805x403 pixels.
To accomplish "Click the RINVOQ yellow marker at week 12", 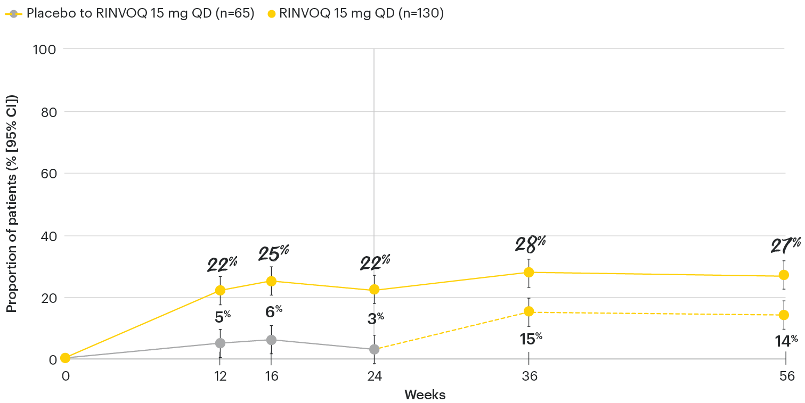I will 219,291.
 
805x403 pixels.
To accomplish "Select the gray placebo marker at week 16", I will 271,340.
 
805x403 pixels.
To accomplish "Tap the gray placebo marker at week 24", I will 374,349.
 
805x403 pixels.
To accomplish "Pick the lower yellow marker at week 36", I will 528,311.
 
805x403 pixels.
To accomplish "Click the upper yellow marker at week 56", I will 784,275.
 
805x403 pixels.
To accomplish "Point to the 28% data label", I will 530,243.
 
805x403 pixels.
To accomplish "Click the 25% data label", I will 273,253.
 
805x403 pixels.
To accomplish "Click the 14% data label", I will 786,341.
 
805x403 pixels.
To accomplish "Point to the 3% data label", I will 376,318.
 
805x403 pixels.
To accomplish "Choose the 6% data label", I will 273,311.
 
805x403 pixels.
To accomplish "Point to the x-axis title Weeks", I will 425,395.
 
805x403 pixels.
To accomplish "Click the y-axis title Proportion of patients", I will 11,204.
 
